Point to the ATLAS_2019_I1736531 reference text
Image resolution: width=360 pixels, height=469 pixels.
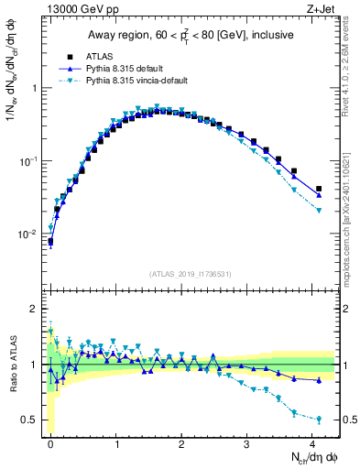coord(190,274)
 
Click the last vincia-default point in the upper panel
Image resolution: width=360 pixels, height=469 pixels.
coord(319,211)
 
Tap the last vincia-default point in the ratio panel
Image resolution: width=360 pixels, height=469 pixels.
coord(319,420)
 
